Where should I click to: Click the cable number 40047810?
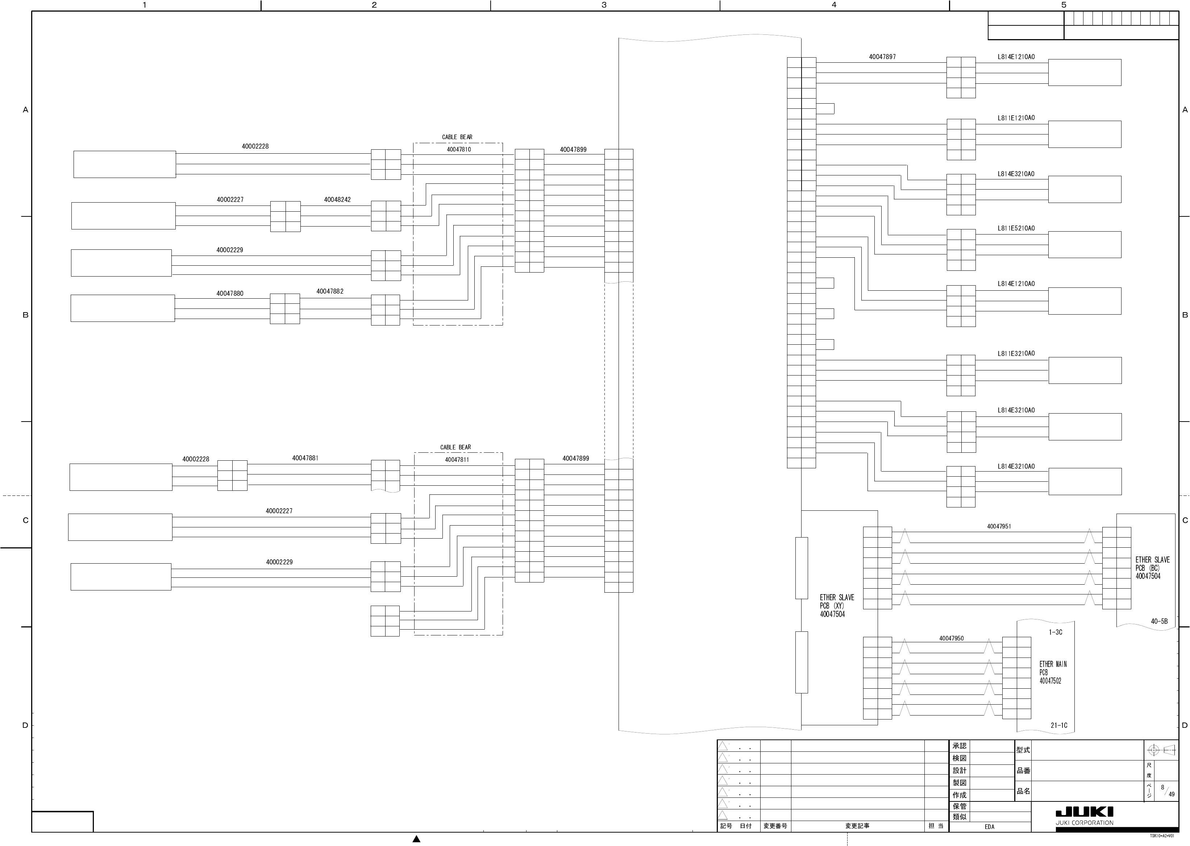[458, 149]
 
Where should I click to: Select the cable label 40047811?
[457, 460]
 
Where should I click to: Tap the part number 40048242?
[337, 199]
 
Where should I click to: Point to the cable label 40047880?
[230, 293]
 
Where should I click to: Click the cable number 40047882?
[330, 291]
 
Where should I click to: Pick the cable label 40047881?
[305, 458]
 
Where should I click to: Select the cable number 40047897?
[882, 57]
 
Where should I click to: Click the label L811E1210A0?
[1016, 118]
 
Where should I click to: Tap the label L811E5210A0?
[1016, 228]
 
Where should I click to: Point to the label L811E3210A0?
[1016, 353]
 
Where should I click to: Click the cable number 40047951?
[999, 526]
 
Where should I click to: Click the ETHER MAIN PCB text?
[1053, 668]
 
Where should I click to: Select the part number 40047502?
[1050, 681]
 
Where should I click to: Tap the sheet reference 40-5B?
[1159, 621]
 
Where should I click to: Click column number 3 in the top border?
[604, 5]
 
